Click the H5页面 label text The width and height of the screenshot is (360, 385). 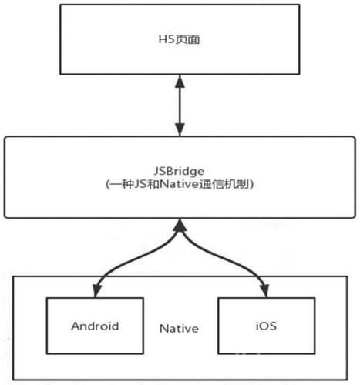pos(179,40)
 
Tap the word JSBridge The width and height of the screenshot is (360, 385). pos(179,171)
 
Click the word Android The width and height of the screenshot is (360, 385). pos(95,326)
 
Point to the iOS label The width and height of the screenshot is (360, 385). pos(266,326)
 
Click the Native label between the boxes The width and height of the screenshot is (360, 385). pos(179,329)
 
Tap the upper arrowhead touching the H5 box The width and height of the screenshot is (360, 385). pos(180,81)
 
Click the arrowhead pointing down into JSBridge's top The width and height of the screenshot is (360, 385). pos(180,130)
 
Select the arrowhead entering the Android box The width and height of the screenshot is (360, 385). pos(97,291)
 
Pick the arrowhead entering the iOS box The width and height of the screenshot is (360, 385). pos(265,291)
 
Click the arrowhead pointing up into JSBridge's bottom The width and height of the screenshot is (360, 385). pos(180,225)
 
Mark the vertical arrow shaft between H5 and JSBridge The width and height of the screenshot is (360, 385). pos(180,105)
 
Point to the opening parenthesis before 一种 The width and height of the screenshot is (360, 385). pos(107,185)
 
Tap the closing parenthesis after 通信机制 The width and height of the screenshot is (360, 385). pos(251,185)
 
